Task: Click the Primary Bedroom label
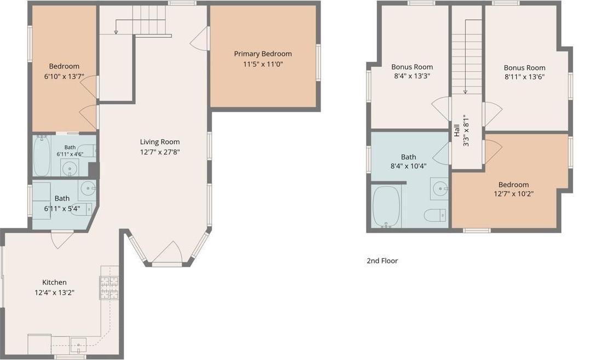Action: click(x=263, y=54)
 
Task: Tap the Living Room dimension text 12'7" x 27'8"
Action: click(x=160, y=152)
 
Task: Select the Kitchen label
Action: click(x=54, y=282)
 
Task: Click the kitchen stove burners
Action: click(x=109, y=288)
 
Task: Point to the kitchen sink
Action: click(x=78, y=345)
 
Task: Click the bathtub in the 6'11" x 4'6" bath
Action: click(x=41, y=156)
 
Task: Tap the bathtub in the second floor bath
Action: click(x=386, y=207)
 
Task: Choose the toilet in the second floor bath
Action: click(x=435, y=215)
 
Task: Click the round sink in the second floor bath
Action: click(x=440, y=188)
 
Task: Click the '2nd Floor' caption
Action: click(x=382, y=261)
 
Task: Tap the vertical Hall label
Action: click(x=457, y=131)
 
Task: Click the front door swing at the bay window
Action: click(x=167, y=252)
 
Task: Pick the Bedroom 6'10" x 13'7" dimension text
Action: click(x=64, y=76)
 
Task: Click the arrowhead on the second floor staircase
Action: click(x=465, y=92)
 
